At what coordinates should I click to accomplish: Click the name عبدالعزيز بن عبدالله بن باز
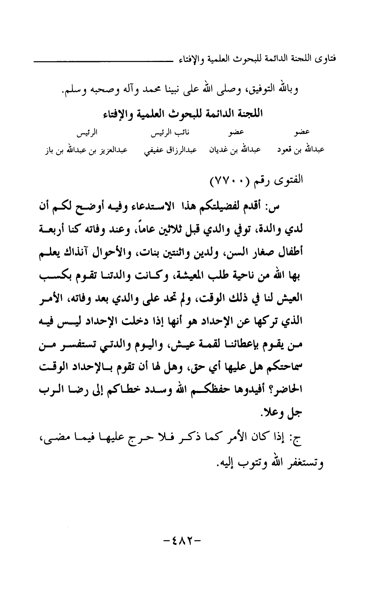(x=86, y=150)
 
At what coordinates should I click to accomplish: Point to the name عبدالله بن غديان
(x=234, y=150)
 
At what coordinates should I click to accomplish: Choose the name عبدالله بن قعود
(x=301, y=150)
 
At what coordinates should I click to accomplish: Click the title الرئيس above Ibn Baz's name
(x=89, y=132)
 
